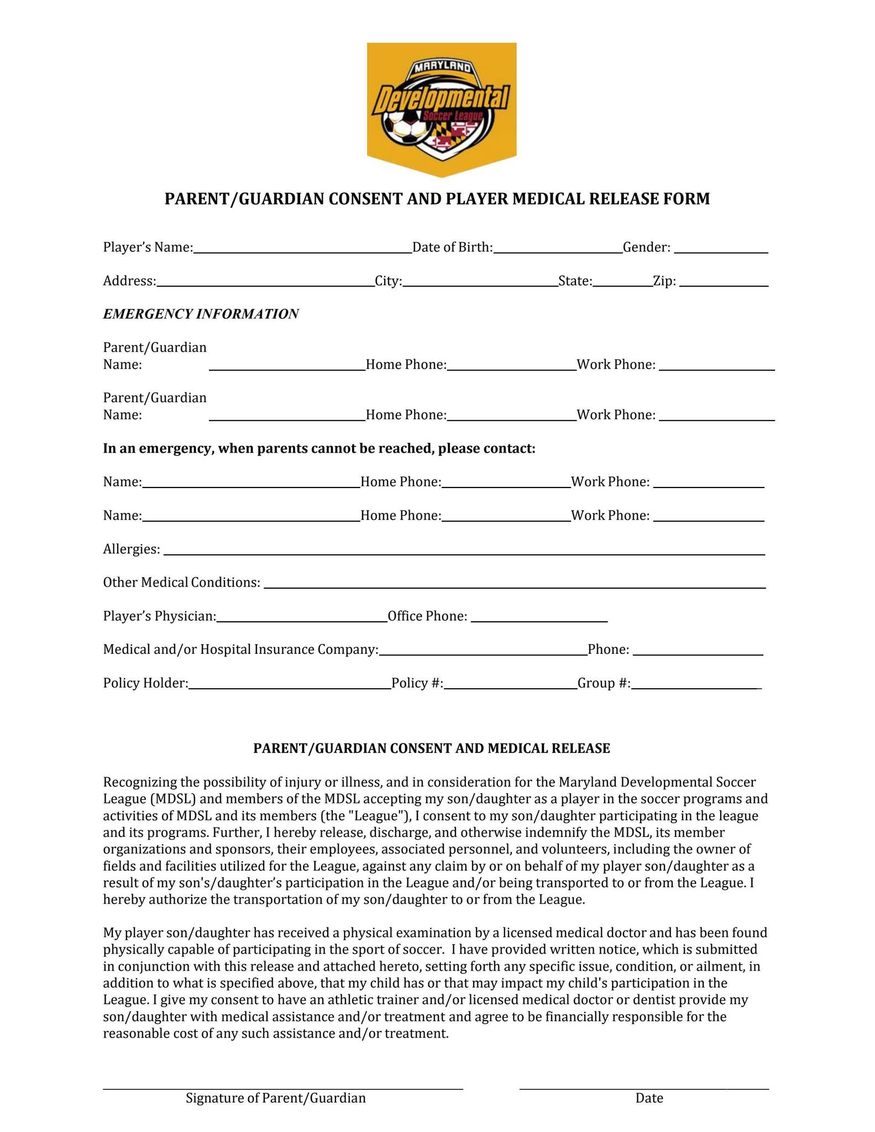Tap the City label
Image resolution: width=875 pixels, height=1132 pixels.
(388, 281)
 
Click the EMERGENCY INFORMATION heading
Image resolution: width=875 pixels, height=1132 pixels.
(201, 314)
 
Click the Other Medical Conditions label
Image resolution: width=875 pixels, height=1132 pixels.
(181, 582)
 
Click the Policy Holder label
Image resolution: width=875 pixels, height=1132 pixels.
(145, 683)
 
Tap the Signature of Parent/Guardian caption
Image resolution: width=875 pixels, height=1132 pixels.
(275, 1098)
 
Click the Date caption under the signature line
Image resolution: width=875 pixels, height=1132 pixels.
(649, 1098)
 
